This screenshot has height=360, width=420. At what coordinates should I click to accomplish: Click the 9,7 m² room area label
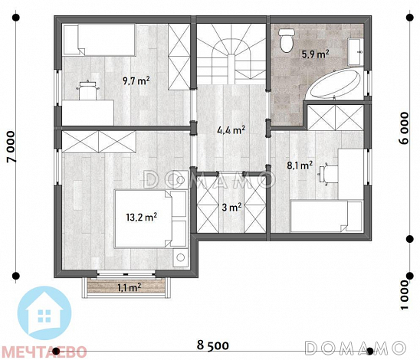pyautogui.click(x=136, y=80)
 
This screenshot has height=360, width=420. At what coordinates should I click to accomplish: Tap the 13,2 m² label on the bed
pyautogui.click(x=142, y=217)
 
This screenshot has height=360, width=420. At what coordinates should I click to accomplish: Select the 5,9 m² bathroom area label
pyautogui.click(x=316, y=54)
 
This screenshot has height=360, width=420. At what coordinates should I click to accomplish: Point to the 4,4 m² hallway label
pyautogui.click(x=231, y=130)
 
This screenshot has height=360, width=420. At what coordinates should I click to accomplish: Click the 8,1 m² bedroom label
pyautogui.click(x=300, y=165)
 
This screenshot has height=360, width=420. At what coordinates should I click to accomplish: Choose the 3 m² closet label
pyautogui.click(x=231, y=207)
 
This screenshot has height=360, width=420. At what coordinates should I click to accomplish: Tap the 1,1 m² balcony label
pyautogui.click(x=129, y=288)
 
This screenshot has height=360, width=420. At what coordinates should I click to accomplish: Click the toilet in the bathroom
pyautogui.click(x=287, y=40)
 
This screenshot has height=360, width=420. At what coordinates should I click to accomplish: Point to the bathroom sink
pyautogui.click(x=356, y=51)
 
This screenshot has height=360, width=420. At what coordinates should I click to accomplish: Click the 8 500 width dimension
pyautogui.click(x=213, y=345)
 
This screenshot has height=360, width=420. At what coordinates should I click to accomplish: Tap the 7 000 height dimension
pyautogui.click(x=11, y=146)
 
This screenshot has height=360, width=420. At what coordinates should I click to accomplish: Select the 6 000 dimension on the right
pyautogui.click(x=405, y=128)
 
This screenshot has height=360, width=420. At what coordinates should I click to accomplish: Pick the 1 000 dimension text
pyautogui.click(x=405, y=295)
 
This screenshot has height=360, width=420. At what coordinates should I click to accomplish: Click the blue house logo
pyautogui.click(x=44, y=313)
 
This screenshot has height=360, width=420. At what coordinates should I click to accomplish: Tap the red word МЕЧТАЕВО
pyautogui.click(x=44, y=352)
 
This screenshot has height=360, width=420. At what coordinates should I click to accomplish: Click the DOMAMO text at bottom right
pyautogui.click(x=355, y=348)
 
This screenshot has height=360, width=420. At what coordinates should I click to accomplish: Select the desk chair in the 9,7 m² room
pyautogui.click(x=87, y=90)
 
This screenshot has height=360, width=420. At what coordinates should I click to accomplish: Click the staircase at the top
pyautogui.click(x=231, y=54)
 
